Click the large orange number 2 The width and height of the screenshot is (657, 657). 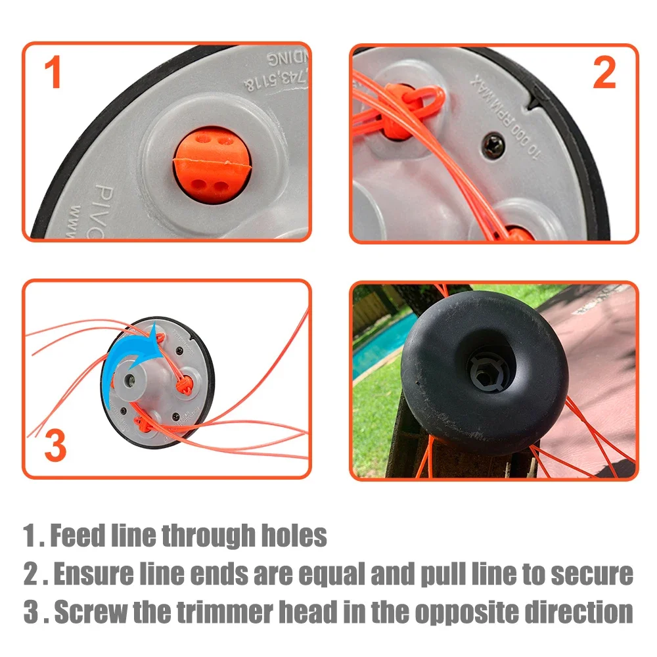(x=604, y=74)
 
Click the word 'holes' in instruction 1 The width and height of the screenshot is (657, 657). (x=294, y=535)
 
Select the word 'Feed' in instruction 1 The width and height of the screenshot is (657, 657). (x=77, y=535)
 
